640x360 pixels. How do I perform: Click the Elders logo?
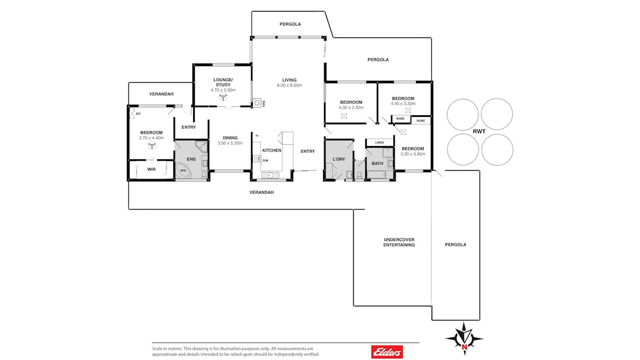point(387,351)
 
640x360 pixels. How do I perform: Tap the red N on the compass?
point(465,347)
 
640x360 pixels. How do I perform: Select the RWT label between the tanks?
point(479,131)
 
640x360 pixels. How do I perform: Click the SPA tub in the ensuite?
point(183,171)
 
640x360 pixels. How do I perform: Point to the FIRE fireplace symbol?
point(257,102)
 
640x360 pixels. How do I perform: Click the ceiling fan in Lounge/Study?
point(223,97)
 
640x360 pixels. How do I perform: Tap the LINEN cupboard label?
point(379,142)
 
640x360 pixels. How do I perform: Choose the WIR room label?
point(151,170)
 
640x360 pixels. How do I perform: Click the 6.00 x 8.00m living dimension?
point(290,85)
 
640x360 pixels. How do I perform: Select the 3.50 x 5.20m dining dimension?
point(230,143)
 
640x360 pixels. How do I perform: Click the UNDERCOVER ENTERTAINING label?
point(399,242)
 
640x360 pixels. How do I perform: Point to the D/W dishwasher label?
point(266,161)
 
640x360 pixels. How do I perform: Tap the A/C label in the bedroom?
point(138,114)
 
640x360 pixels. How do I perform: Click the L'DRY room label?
point(339,159)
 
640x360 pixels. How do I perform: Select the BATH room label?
point(378,163)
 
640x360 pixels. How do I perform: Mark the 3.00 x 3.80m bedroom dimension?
point(413,154)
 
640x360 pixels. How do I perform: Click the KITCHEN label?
point(271,150)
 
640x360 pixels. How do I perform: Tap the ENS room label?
point(191,159)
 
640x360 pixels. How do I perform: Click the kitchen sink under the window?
point(270,175)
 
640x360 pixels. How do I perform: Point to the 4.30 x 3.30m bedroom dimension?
point(351,107)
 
